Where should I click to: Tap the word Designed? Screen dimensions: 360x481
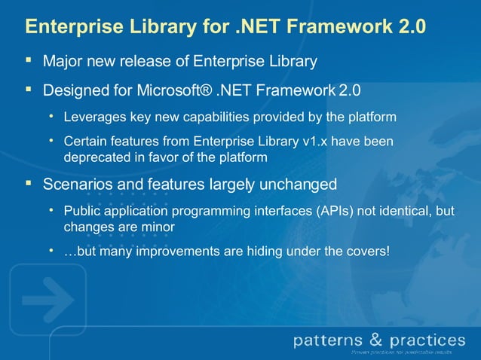point(75,91)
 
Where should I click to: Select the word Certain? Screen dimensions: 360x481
point(84,142)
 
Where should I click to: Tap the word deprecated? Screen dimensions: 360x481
point(97,157)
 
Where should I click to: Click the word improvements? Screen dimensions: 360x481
point(177,251)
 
